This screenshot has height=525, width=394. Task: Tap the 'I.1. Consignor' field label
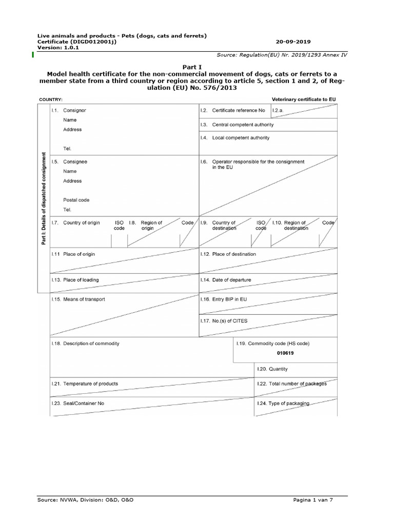click(x=69, y=110)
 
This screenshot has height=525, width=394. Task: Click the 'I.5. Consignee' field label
click(x=69, y=161)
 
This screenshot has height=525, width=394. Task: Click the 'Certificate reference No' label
click(x=239, y=110)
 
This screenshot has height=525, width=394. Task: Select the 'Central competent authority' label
click(x=243, y=125)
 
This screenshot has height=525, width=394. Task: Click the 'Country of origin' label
click(x=82, y=223)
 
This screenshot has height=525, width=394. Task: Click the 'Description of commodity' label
click(x=91, y=344)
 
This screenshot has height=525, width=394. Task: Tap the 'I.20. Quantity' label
click(x=272, y=369)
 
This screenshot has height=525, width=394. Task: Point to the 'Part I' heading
click(x=190, y=67)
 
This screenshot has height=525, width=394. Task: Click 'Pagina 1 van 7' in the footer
click(x=313, y=499)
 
